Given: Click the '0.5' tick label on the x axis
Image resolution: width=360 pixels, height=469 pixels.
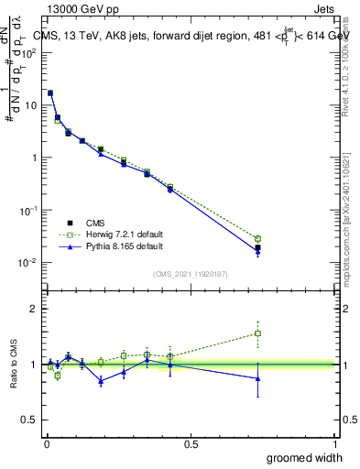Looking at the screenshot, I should click(191, 442).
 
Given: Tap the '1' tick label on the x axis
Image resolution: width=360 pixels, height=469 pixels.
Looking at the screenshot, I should click(335, 442).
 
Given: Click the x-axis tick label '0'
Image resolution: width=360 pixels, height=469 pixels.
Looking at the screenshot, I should click(47, 442).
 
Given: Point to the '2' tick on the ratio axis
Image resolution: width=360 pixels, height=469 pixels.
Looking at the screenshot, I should click(34, 309).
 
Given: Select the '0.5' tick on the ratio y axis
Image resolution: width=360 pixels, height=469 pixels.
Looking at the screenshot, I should click(30, 420).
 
